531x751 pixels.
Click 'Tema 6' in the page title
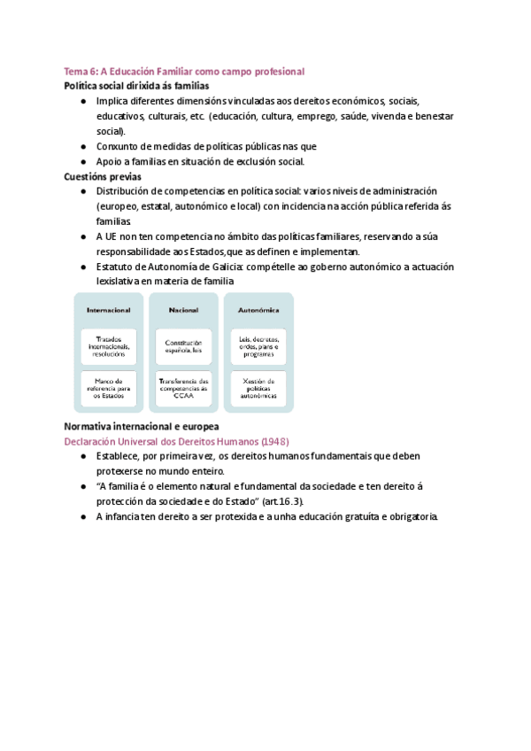click(x=81, y=71)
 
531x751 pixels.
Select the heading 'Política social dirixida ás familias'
click(x=136, y=86)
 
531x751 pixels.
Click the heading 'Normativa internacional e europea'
click(x=142, y=426)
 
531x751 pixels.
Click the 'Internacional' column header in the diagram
click(x=109, y=311)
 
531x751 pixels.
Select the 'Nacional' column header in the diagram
click(x=183, y=311)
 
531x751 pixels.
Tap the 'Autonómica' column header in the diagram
click(x=258, y=311)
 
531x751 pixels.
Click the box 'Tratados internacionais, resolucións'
click(x=109, y=346)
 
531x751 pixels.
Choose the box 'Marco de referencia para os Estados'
click(x=109, y=388)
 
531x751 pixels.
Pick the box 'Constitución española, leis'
click(x=183, y=346)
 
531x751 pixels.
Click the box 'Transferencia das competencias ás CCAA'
click(x=183, y=388)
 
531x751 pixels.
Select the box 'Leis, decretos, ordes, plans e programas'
click(x=258, y=346)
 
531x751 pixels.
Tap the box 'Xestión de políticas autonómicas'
click(x=258, y=388)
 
